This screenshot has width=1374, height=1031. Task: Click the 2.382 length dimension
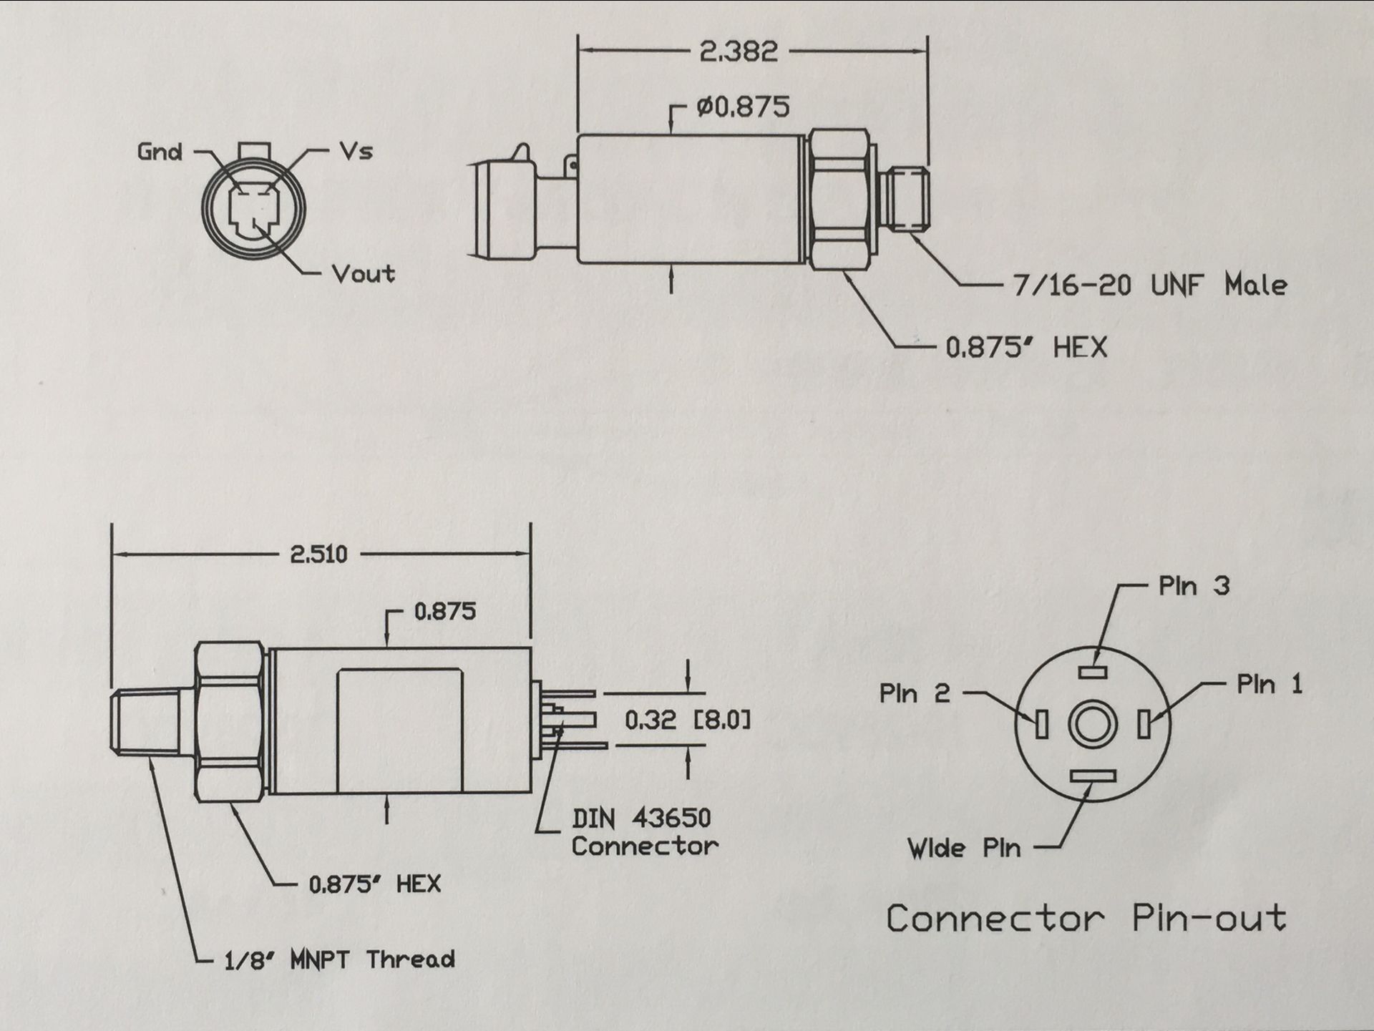pos(738,52)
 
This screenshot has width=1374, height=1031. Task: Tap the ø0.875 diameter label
pos(743,107)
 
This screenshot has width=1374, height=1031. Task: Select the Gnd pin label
pos(160,152)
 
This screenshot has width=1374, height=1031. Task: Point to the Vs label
pos(356,151)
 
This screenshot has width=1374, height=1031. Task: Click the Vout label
pos(363,273)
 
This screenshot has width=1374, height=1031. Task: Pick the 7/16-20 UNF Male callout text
pos(1149,285)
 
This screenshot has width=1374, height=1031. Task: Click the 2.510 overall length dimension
pos(318,554)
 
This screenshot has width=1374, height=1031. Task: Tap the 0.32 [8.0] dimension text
pos(688,720)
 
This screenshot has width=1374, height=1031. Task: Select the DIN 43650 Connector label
pos(643,832)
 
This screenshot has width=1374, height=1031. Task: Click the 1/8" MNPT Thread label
pos(339,959)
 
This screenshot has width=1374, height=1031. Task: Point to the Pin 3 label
pos(1194,586)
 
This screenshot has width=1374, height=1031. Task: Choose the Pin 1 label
pos(1269,685)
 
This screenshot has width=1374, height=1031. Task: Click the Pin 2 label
pos(915,693)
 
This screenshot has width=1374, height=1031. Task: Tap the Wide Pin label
pos(963,849)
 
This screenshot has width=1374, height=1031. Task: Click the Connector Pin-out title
pos(1086,919)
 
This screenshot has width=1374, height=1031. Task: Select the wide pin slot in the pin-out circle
pos(1093,776)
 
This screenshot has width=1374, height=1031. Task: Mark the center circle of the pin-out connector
pos(1092,724)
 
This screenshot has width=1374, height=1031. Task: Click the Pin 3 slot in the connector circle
pos(1093,672)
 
